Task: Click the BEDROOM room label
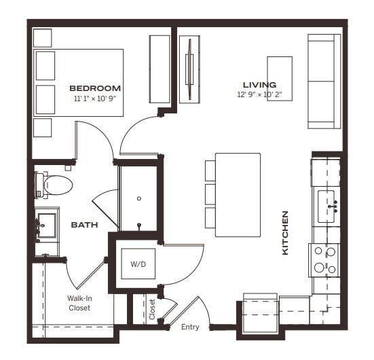[x=95, y=88]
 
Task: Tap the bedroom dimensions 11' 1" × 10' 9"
[x=95, y=99]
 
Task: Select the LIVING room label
[x=260, y=85]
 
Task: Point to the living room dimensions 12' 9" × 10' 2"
[x=260, y=96]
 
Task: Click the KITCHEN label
[x=286, y=233]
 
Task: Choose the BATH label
[x=85, y=224]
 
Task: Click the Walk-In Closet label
[x=79, y=303]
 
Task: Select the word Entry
[x=190, y=327]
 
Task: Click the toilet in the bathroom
[x=54, y=184]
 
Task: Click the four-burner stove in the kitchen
[x=325, y=259]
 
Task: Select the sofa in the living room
[x=324, y=82]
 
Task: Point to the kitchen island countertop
[x=238, y=194]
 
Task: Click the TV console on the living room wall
[x=189, y=70]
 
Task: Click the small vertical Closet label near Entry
[x=152, y=309]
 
